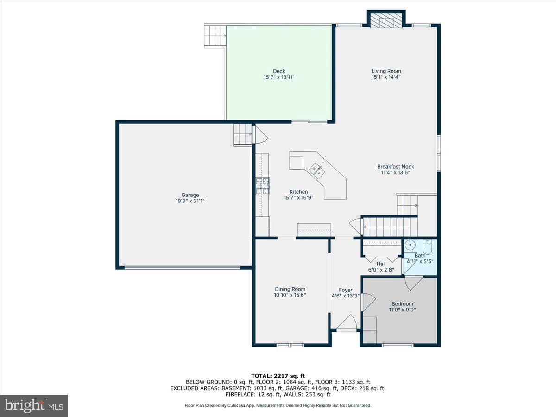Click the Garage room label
coord(190,195)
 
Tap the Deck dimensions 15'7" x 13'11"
coord(279,77)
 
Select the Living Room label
coord(386,71)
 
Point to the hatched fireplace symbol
coord(386,20)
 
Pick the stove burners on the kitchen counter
coord(263,186)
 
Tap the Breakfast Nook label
coord(396,167)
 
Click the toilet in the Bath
coord(428,247)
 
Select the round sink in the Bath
coord(410,245)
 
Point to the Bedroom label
coord(402,303)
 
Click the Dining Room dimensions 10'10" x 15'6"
coord(290,295)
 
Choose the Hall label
coord(381,264)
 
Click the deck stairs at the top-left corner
coord(215,36)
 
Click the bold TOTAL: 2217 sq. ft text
coord(278,376)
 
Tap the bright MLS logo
coord(34,405)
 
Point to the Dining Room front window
coord(290,345)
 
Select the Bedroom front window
coord(398,345)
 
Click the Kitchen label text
coord(299,192)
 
